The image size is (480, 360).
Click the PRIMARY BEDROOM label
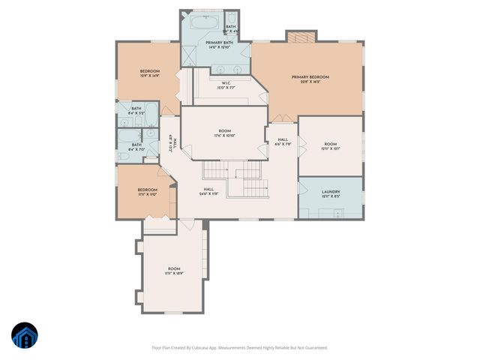[310, 76]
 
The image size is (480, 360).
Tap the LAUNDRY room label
[331, 192]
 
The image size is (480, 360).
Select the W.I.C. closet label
[226, 82]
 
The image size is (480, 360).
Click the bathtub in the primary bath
[202, 22]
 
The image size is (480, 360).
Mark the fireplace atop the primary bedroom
[298, 37]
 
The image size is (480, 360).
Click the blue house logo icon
[24, 335]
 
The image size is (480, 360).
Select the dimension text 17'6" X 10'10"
[225, 136]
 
